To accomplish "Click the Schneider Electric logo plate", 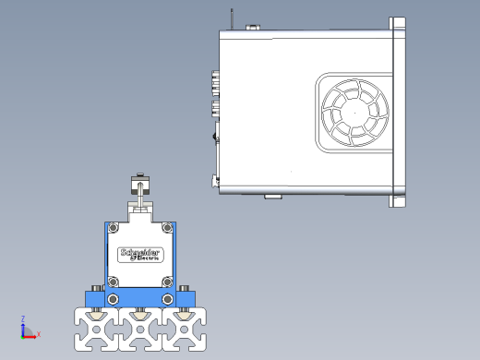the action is pyautogui.click(x=140, y=255).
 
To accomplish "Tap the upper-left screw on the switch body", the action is pyautogui.click(x=114, y=228).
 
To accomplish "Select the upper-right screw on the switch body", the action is pyautogui.click(x=167, y=228).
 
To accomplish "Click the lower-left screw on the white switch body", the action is pyautogui.click(x=114, y=282).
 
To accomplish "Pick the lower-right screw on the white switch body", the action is pyautogui.click(x=167, y=282).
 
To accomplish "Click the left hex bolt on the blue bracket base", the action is pyautogui.click(x=114, y=299).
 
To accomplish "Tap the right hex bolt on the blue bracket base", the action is pyautogui.click(x=167, y=299).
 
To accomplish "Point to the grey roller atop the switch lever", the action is pyautogui.click(x=140, y=185).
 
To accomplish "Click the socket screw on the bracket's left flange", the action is pyautogui.click(x=97, y=288).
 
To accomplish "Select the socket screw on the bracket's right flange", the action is pyautogui.click(x=185, y=288).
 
